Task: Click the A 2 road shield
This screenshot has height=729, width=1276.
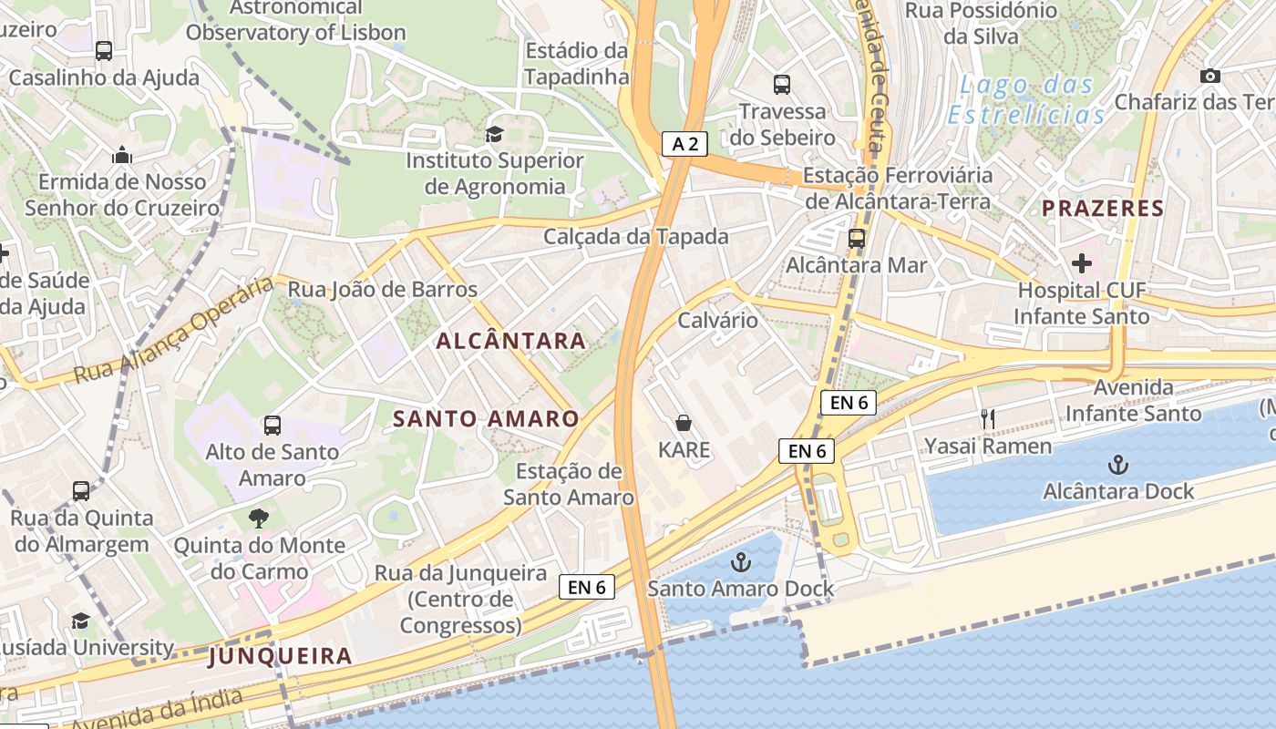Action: click(684, 143)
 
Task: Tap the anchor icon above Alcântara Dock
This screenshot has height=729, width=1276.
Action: click(1117, 465)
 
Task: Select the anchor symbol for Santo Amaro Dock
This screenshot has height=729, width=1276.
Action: click(740, 561)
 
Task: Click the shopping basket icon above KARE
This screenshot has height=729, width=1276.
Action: click(684, 423)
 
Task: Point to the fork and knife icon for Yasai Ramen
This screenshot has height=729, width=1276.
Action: click(987, 419)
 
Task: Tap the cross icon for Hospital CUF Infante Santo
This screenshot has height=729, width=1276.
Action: click(1082, 263)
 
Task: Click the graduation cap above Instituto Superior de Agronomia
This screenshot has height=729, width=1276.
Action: click(494, 135)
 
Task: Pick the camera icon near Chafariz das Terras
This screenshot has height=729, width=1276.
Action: click(1210, 76)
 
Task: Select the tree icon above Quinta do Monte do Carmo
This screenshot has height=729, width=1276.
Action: click(259, 519)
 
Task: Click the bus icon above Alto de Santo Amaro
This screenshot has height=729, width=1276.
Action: click(272, 425)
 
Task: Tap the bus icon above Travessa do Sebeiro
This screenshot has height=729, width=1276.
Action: click(782, 85)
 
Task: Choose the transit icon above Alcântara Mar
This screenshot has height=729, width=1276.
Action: click(857, 239)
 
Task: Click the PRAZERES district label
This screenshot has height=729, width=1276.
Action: click(1103, 208)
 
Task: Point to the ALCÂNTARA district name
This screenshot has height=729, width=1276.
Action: click(510, 341)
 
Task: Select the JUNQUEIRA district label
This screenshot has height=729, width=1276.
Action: click(280, 655)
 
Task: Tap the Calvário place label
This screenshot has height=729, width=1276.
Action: click(717, 320)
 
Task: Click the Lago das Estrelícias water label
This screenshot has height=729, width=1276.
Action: click(1026, 100)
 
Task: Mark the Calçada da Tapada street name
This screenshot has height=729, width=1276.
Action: click(636, 237)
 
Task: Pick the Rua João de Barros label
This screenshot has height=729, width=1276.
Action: click(383, 290)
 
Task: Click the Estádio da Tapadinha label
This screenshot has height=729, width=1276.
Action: click(576, 64)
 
